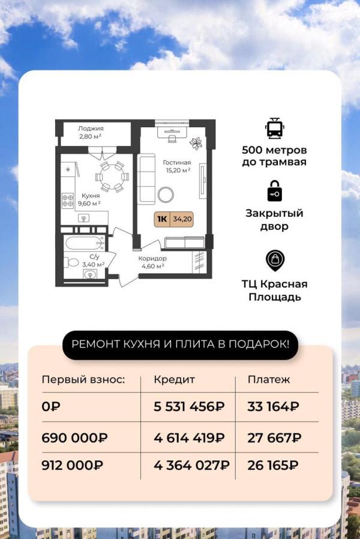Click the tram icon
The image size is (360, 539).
tap(274, 128)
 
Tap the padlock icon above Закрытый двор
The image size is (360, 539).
tap(274, 191)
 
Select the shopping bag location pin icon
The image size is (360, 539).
tap(274, 261)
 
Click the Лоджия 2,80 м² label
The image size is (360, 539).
tap(91, 132)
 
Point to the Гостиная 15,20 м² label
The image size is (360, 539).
tap(176, 166)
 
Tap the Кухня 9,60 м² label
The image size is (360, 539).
tap(89, 199)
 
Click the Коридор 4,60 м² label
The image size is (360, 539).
tap(152, 262)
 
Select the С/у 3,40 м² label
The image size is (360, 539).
tap(94, 260)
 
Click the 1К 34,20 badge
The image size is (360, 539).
tap(173, 219)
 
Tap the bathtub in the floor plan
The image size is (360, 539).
tap(85, 243)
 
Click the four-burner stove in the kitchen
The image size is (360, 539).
tap(68, 200)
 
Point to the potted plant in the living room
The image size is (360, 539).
tap(196, 143)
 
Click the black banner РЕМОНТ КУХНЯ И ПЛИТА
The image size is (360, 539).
tap(180, 345)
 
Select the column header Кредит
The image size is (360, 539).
tap(174, 380)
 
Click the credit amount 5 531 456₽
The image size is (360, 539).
tap(189, 407)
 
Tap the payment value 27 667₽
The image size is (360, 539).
tap(274, 438)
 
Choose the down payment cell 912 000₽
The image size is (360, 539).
tap(72, 465)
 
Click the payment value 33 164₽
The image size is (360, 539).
tap(273, 407)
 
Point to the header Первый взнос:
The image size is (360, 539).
tap(83, 380)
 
